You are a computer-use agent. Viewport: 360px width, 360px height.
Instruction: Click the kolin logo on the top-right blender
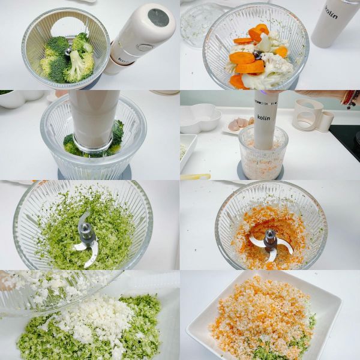point(331,13)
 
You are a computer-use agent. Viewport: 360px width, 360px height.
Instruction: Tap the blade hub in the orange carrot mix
point(270,236)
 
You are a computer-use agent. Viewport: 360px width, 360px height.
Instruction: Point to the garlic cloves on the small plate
point(238,124)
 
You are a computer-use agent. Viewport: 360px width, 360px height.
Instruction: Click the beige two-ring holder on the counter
point(312,115)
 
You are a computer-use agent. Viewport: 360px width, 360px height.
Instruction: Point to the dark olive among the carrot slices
point(257,55)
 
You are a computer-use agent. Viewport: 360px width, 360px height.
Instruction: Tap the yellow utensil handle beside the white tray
point(195,176)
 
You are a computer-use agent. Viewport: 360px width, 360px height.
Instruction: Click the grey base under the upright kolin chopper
point(262,174)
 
